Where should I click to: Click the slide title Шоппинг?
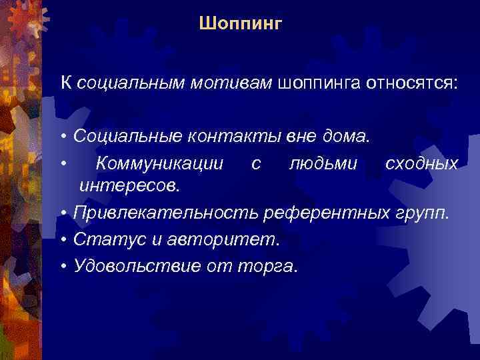(x=241, y=25)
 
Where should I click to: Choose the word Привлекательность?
(x=166, y=213)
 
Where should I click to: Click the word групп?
(x=424, y=213)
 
